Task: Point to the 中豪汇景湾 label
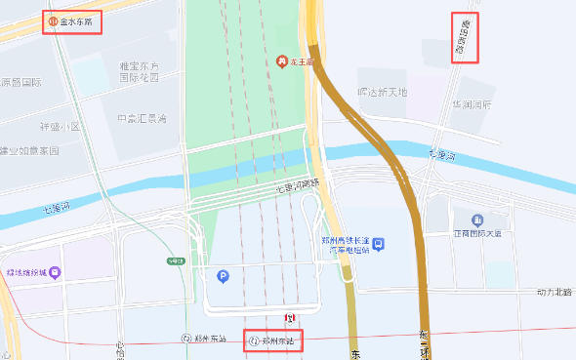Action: coord(142,119)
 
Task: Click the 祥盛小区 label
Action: coord(61,127)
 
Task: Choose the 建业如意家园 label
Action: coord(29,151)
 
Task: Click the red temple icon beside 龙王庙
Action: coord(282,62)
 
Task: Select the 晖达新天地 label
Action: coord(382,93)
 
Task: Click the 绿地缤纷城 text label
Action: coord(27,273)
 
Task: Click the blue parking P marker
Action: coord(222,277)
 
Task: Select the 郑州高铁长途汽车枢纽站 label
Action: coord(348,244)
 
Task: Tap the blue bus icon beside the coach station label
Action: coord(379,243)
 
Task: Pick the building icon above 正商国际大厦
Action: coord(476,220)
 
